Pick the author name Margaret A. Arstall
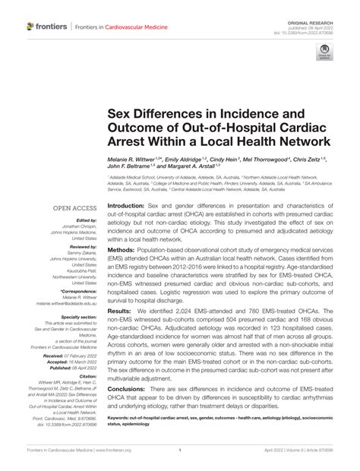coord(201,167)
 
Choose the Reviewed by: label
coord(82,247)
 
